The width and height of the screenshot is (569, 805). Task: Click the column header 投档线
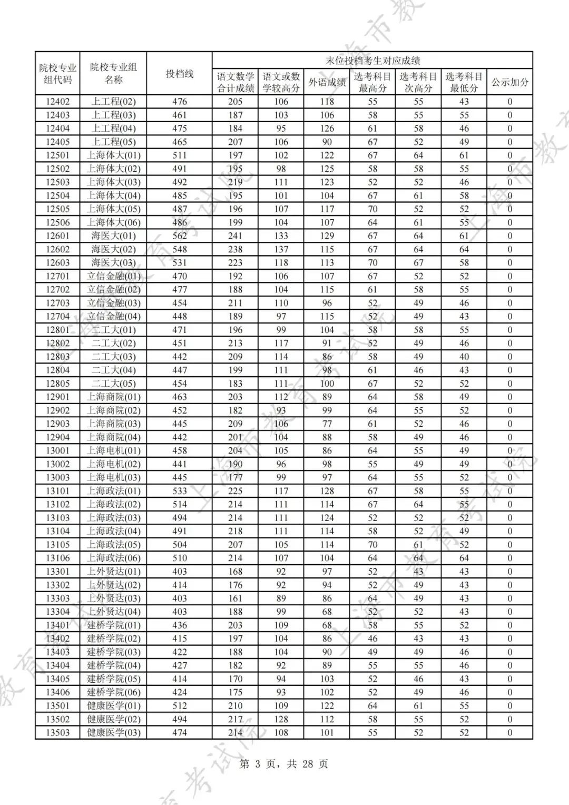point(180,74)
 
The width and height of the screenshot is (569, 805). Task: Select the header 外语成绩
point(327,82)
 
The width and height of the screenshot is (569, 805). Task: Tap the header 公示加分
point(509,82)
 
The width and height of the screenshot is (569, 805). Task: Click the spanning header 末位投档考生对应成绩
point(372,61)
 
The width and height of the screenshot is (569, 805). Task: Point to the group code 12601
point(57,236)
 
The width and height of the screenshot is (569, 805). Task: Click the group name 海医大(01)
point(113,236)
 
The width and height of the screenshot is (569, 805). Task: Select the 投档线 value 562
point(180,236)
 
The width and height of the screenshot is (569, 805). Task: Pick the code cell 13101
point(57,491)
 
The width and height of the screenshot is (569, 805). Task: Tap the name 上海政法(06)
point(113,558)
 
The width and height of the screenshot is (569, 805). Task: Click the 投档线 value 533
point(180,491)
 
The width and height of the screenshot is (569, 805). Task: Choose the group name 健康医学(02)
point(113,719)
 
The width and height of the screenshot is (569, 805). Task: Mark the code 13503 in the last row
point(57,732)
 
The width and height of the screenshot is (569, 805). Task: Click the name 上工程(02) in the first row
point(113,102)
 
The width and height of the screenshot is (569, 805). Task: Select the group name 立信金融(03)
point(113,303)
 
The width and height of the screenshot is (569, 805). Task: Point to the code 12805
point(57,384)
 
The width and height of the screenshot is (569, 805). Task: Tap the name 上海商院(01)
point(113,397)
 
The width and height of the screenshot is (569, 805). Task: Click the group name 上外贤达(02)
point(113,585)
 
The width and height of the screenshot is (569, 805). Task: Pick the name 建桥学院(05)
point(113,679)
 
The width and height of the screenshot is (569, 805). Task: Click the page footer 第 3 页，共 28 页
point(284,763)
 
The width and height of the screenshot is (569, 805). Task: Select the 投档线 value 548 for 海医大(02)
point(180,249)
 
